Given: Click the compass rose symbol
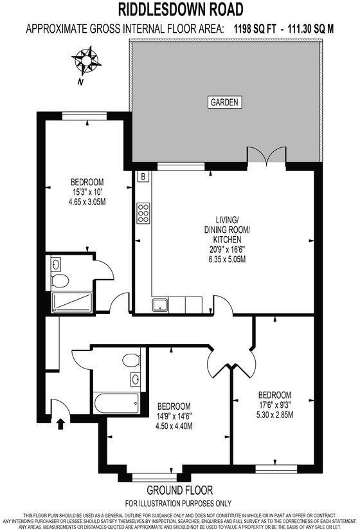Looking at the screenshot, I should (86, 60).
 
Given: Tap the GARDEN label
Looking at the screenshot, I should (224, 102).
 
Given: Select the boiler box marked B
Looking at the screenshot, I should (143, 176).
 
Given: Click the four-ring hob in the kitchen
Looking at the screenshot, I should (143, 212).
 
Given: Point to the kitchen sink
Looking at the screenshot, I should (159, 305).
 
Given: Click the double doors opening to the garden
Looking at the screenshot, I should (265, 157).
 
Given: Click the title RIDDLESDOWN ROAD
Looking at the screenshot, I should (180, 9).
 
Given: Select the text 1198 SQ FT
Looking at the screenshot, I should (262, 29).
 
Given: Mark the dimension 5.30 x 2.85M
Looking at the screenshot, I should (275, 414).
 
